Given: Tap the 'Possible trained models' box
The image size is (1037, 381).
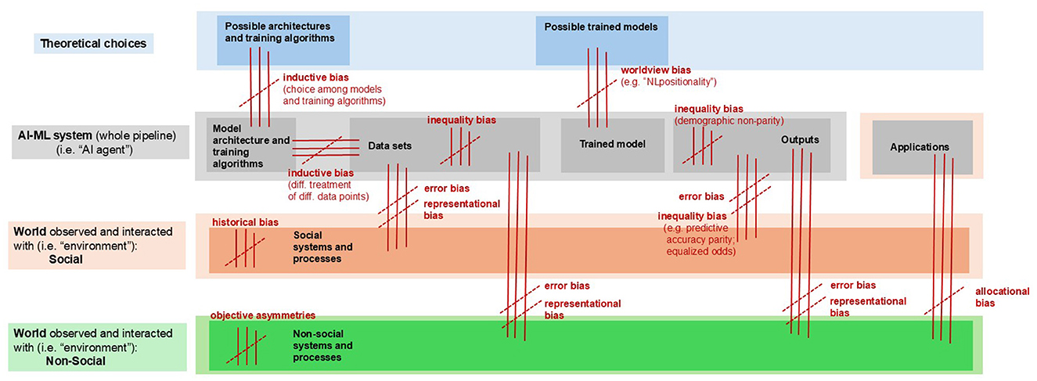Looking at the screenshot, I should tap(601, 27).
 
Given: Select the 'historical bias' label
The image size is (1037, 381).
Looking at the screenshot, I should tap(244, 222).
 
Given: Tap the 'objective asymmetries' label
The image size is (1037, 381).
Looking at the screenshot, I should tap(262, 315).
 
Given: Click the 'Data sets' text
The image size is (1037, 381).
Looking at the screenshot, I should tap(389, 146).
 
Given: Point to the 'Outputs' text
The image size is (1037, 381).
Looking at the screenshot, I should tap(799, 139).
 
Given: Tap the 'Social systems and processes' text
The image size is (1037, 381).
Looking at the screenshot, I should tap(322, 246).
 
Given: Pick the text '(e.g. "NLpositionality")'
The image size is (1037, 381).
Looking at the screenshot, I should tap(668, 81).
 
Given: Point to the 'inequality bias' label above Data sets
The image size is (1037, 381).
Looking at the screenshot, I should tap(462, 120).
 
